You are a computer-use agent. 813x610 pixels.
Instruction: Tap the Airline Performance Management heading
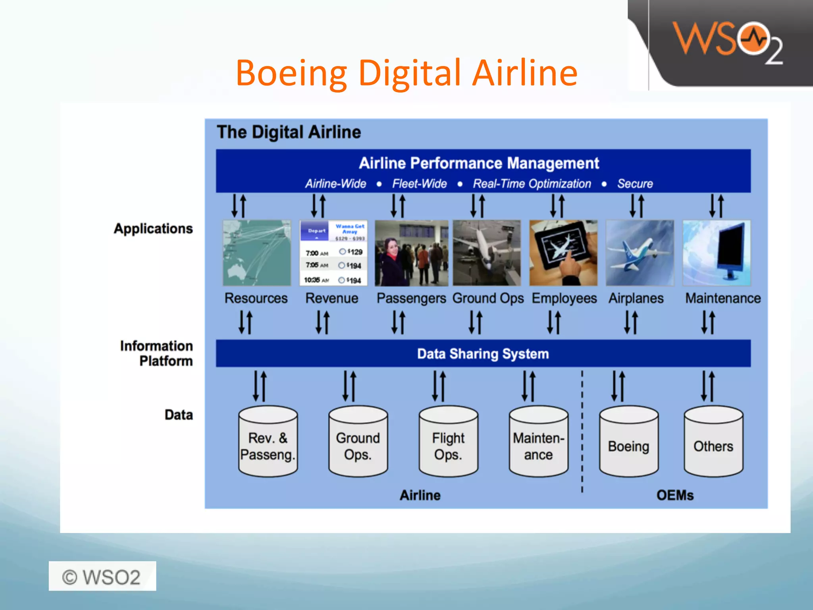point(479,163)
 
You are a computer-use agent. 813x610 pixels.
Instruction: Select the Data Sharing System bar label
point(483,353)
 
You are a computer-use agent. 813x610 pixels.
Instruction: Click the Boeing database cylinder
point(628,442)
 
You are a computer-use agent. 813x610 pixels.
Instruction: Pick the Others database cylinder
point(713,442)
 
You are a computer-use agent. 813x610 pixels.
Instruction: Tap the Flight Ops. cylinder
point(448,442)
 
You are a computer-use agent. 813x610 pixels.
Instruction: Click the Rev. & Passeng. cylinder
point(268,442)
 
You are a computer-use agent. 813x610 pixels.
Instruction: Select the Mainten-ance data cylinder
point(538,442)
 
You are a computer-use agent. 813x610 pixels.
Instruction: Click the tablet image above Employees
point(563,253)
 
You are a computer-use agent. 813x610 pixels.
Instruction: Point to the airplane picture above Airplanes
point(640,253)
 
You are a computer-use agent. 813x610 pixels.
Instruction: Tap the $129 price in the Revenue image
point(355,252)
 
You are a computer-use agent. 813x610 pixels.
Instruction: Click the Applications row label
point(153,229)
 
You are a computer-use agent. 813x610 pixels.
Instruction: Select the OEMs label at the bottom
point(675,495)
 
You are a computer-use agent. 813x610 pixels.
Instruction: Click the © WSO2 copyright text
point(102,577)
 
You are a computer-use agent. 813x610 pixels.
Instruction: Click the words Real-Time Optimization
point(532,184)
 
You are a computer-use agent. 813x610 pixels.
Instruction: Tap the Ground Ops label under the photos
point(488,298)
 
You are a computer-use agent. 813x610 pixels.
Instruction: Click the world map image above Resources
point(256,253)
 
